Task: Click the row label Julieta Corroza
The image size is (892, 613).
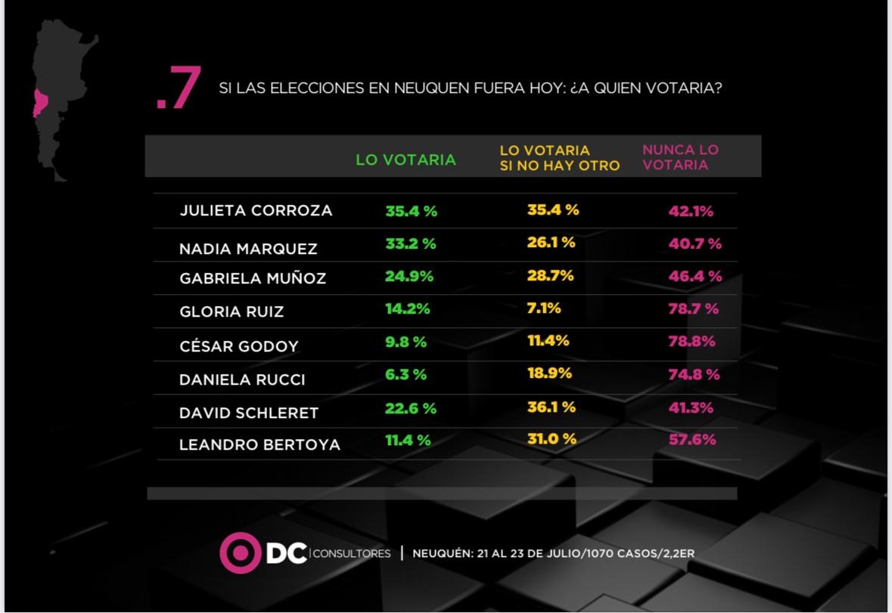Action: pos(256,211)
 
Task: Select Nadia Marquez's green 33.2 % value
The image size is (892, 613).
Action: pos(411,244)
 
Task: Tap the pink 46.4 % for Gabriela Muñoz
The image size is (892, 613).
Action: pos(695,277)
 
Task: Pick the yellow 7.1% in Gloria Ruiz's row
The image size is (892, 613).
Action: pos(544,308)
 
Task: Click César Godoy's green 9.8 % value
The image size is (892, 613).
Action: pos(406,342)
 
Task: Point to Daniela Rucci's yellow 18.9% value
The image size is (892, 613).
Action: pos(549,373)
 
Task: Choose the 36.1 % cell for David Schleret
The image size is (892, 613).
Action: pos(551,407)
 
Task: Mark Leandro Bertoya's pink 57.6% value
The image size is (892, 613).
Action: pos(692,439)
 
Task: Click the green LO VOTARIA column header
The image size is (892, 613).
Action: pos(406,159)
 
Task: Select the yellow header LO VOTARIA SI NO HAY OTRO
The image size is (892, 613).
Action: pos(559,158)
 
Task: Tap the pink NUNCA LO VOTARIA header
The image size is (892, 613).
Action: pos(680,157)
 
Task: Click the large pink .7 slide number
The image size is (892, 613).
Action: pos(179,90)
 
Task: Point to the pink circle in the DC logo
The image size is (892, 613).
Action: pos(240,553)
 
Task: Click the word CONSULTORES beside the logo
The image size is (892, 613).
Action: pos(351,554)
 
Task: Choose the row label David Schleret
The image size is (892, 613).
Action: pos(248,413)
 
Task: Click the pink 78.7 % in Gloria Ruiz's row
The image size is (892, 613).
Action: pos(693,309)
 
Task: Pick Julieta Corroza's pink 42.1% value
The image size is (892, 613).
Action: pos(691,212)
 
